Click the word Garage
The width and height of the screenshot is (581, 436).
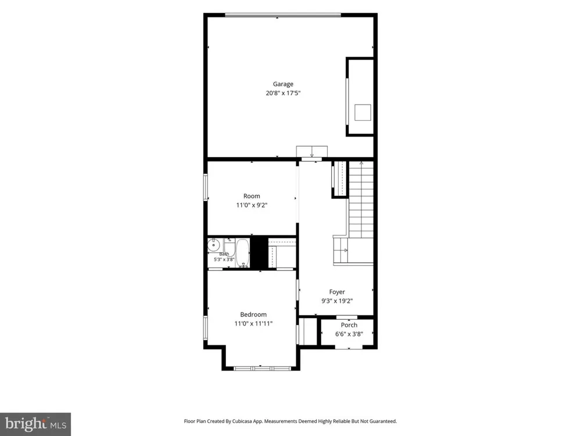click(x=283, y=84)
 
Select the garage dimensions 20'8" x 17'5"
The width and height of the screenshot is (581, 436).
click(x=283, y=93)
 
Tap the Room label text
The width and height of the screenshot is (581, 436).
click(x=252, y=196)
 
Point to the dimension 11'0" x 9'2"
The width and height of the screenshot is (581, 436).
click(x=252, y=205)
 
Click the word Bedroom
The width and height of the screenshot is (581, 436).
click(x=253, y=315)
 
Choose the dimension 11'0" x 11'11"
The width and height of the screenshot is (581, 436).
click(x=253, y=323)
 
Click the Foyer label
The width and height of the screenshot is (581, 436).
click(x=337, y=292)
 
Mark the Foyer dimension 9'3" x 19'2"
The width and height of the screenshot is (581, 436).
click(x=337, y=301)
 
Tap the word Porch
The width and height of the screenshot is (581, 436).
click(x=349, y=325)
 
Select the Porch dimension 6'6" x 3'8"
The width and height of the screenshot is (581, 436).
click(x=349, y=334)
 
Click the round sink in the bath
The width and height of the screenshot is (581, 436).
click(x=213, y=245)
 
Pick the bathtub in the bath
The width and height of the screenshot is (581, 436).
click(x=243, y=253)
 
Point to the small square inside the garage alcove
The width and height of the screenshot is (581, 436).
click(x=363, y=112)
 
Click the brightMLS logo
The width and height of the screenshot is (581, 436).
click(x=35, y=424)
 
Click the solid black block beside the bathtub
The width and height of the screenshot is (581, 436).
click(x=259, y=252)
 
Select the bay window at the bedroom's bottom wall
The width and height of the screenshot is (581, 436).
click(x=261, y=368)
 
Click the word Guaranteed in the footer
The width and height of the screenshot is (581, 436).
click(x=384, y=421)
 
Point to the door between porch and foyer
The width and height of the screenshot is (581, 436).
click(x=347, y=317)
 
